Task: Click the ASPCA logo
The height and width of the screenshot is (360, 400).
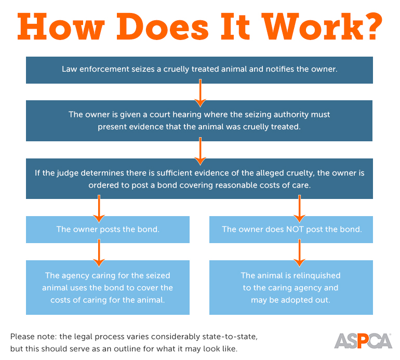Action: click(363, 340)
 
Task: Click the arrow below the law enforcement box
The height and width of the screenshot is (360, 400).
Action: click(199, 92)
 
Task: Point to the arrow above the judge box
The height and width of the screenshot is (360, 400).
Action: click(199, 150)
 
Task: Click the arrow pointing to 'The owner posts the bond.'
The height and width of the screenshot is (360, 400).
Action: click(99, 207)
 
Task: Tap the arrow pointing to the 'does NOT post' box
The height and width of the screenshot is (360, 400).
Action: click(299, 207)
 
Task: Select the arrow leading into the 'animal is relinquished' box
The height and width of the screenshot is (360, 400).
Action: click(299, 252)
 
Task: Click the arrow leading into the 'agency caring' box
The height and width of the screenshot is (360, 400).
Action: click(99, 252)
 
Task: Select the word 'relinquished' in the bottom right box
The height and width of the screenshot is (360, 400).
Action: click(317, 275)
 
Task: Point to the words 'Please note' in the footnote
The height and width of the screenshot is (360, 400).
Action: click(32, 337)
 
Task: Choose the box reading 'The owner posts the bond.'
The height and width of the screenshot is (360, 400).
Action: click(108, 229)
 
